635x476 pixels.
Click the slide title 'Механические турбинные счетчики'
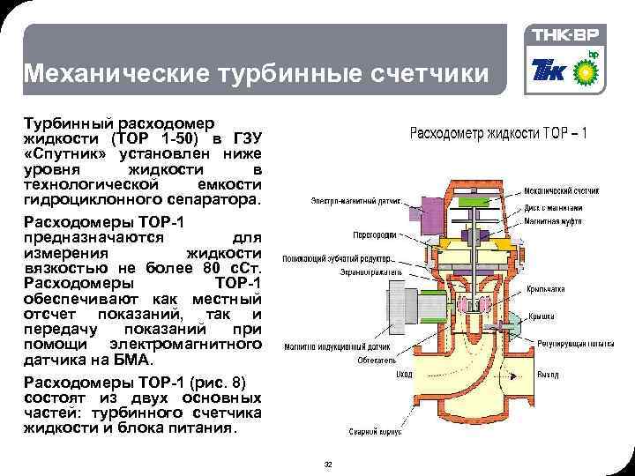point(255,73)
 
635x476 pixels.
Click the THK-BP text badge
point(570,35)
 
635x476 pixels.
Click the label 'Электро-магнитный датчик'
point(351,201)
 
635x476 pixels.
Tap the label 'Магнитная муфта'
point(565,225)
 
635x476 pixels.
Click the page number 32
point(328,465)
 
